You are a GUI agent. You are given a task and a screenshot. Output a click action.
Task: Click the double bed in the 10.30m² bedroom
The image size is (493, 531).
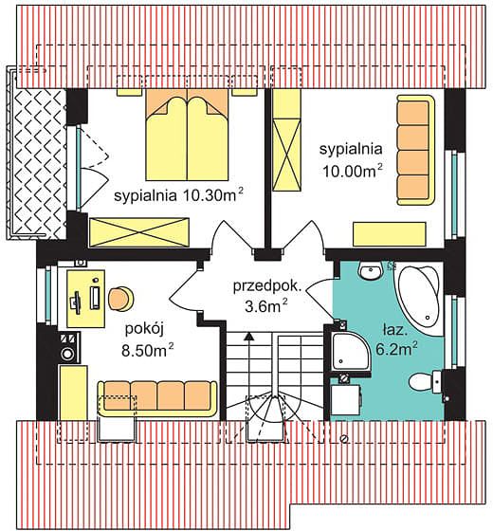[188, 135]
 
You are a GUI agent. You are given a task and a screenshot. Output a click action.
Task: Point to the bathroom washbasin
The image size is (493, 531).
[371, 271]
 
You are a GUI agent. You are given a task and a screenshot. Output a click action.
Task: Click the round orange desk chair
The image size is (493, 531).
[120, 299]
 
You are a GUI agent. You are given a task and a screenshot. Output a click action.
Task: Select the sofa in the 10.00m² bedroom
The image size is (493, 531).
[415, 150]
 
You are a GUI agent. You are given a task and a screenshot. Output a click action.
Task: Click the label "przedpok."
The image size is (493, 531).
[266, 286]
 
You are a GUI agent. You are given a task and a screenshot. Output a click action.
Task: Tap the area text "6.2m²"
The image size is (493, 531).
[396, 349]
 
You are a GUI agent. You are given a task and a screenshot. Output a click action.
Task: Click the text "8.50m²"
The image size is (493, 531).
[148, 350]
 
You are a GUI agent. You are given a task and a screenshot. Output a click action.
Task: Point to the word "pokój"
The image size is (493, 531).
[144, 329]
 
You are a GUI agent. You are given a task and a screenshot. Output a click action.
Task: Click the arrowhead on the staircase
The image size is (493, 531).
[249, 336]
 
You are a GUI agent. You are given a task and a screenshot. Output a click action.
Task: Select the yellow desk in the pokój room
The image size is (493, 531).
[86, 299]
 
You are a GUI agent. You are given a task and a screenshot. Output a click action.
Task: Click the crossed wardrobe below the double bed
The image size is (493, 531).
[138, 232]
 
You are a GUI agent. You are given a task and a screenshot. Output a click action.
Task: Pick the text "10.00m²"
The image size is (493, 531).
[352, 171]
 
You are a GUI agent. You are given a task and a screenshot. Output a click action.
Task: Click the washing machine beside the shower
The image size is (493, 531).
[346, 399]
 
